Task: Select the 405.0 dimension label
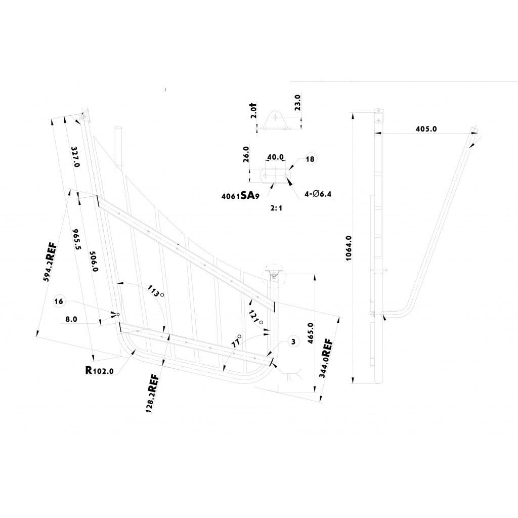point(426,129)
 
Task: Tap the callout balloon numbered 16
point(59,301)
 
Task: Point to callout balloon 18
point(310,159)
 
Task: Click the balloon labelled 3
point(293,342)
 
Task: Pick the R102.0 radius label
point(99,370)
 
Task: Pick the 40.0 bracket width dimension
point(275,157)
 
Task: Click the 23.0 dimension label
point(297,103)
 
